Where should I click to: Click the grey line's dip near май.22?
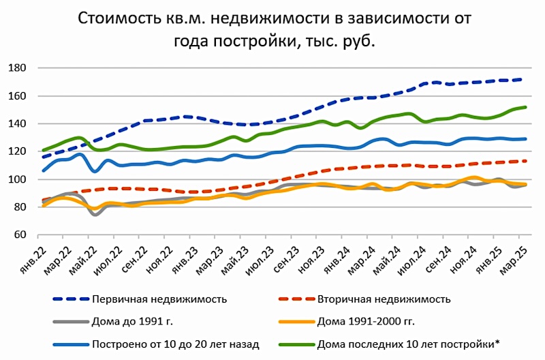95,214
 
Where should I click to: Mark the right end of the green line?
526,107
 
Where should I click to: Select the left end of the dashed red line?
44,200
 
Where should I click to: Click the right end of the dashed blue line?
522,80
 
